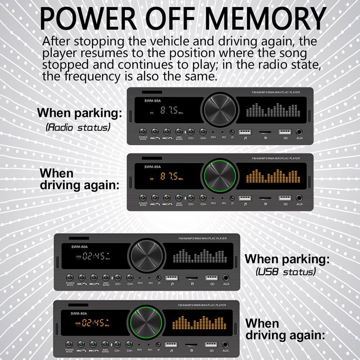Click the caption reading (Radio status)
click(x=78, y=127)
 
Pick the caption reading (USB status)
click(x=286, y=271)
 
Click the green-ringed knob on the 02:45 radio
click(x=146, y=322)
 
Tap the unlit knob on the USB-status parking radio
click(x=146, y=256)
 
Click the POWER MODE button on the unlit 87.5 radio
click(x=143, y=132)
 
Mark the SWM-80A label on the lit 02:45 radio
click(x=79, y=313)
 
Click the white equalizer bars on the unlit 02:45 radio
click(x=199, y=256)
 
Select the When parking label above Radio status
click(x=79, y=113)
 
